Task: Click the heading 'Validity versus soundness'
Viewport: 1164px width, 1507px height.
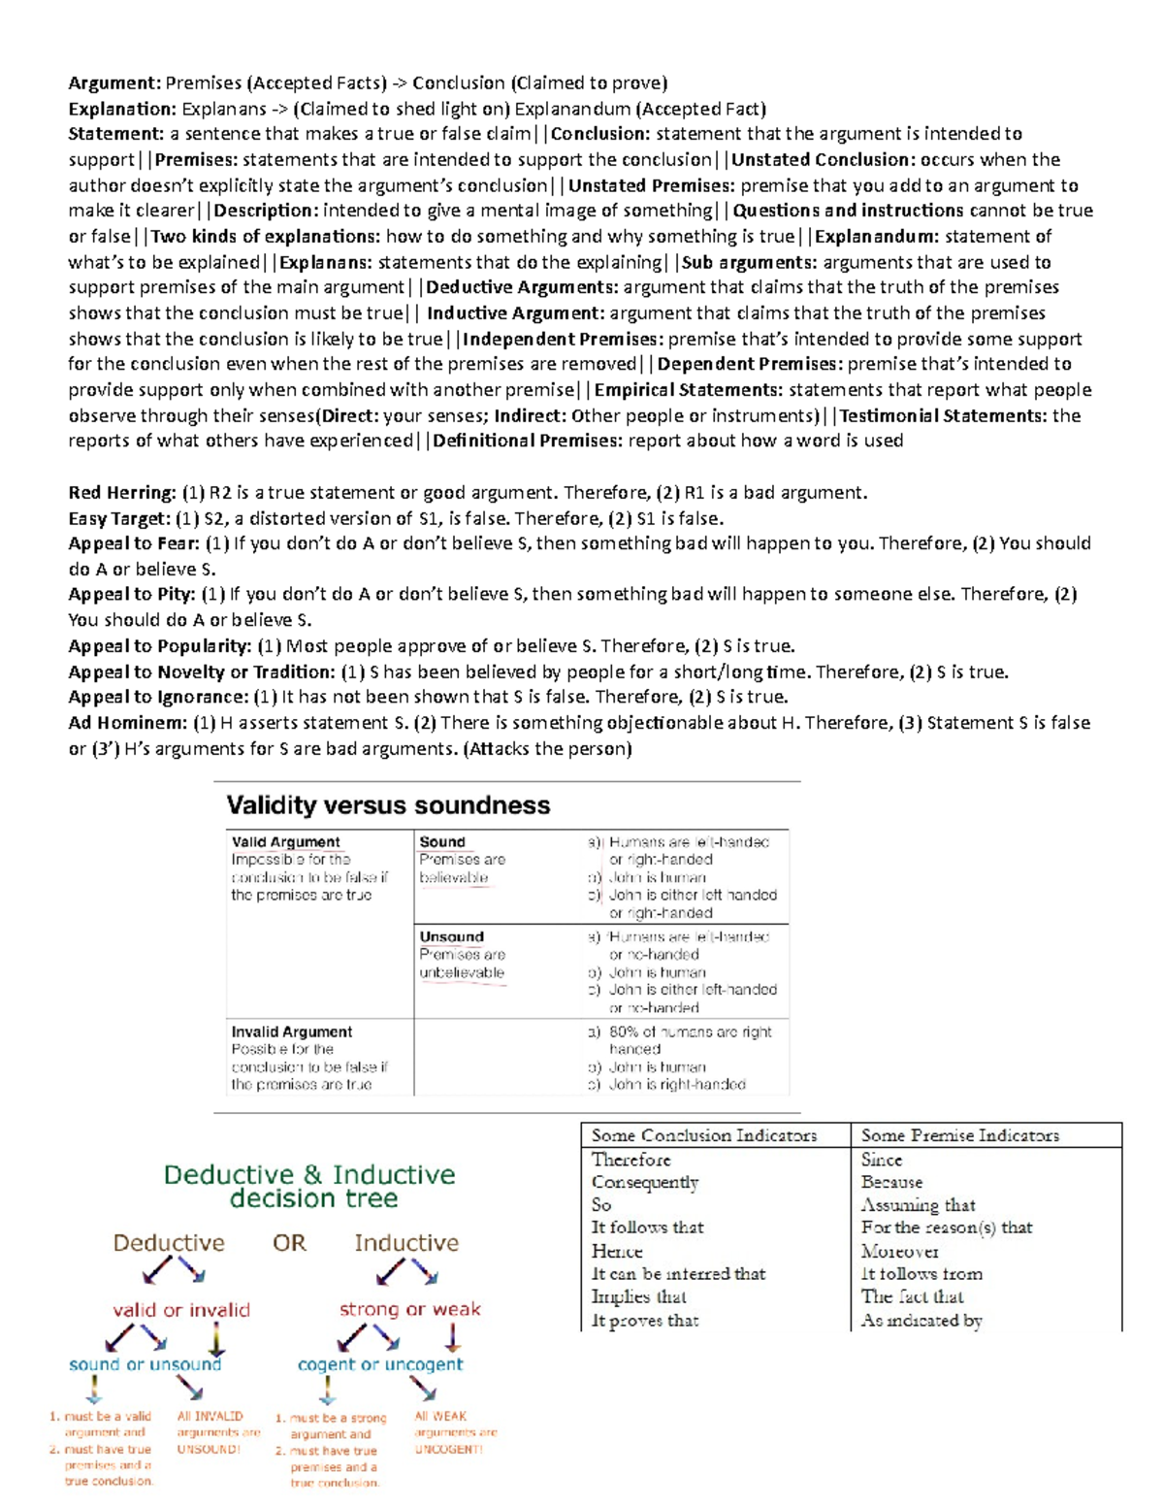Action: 388,805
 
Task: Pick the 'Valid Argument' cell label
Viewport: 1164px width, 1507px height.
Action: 285,842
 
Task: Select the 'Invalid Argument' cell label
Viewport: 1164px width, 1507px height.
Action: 291,1032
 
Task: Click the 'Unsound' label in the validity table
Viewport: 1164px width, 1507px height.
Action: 451,936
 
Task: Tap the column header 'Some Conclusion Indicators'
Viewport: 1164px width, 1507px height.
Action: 704,1135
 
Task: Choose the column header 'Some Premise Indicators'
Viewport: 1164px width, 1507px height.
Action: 959,1135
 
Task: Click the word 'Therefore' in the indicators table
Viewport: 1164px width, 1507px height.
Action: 630,1160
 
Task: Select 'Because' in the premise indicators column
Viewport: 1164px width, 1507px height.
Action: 891,1182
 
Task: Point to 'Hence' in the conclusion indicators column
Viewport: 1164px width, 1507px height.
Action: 617,1251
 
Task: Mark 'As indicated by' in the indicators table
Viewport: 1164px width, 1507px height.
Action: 921,1320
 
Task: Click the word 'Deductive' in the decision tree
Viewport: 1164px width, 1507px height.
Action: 169,1243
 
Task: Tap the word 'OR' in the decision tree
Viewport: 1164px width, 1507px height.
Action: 289,1243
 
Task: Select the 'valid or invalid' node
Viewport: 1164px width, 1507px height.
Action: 181,1310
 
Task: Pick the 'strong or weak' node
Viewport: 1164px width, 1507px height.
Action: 409,1309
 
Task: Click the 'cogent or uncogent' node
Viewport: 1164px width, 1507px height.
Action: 380,1364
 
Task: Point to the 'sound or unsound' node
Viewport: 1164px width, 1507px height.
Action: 145,1364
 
